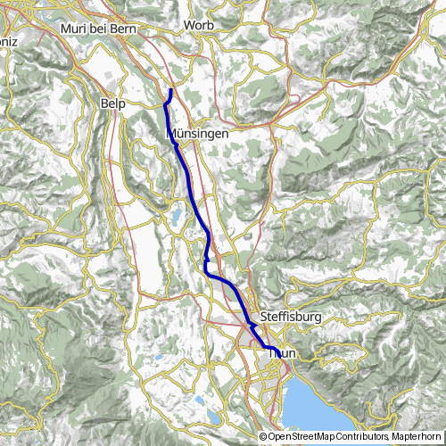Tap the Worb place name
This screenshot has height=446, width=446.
point(198,26)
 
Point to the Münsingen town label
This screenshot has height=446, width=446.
point(198,133)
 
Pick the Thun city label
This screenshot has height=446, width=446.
point(282,353)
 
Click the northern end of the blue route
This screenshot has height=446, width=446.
point(170,90)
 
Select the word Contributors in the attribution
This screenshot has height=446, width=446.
point(365,436)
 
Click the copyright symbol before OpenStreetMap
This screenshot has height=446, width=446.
point(264,436)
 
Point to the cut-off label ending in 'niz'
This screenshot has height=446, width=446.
point(8,40)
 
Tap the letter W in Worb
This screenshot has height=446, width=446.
point(188,26)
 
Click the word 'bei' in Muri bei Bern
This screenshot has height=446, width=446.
point(96,29)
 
